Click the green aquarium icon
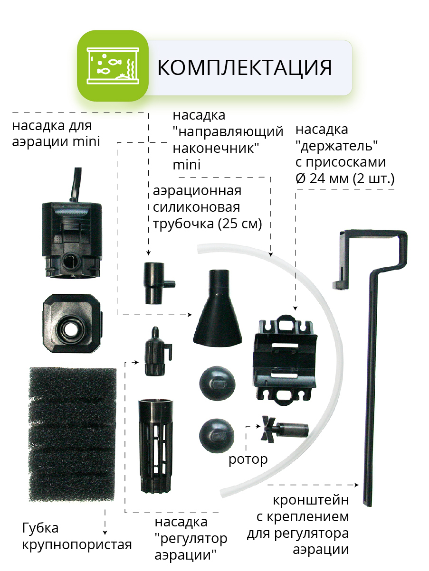[113, 66]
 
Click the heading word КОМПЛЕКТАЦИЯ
[245, 67]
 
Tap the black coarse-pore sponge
[72, 434]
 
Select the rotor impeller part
[285, 429]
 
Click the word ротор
[248, 459]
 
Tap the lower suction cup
[217, 435]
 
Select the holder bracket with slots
[285, 360]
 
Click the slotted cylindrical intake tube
[156, 446]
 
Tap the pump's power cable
[76, 185]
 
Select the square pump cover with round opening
[72, 323]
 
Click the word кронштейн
[311, 500]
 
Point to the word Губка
[40, 528]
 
